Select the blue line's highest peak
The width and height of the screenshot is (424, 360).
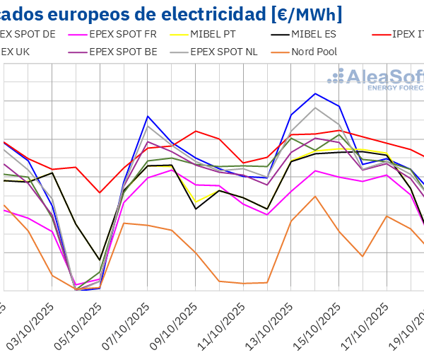click(x=315, y=93)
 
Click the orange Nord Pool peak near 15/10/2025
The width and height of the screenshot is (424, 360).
click(x=315, y=196)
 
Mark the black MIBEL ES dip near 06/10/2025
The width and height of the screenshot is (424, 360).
click(x=100, y=260)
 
